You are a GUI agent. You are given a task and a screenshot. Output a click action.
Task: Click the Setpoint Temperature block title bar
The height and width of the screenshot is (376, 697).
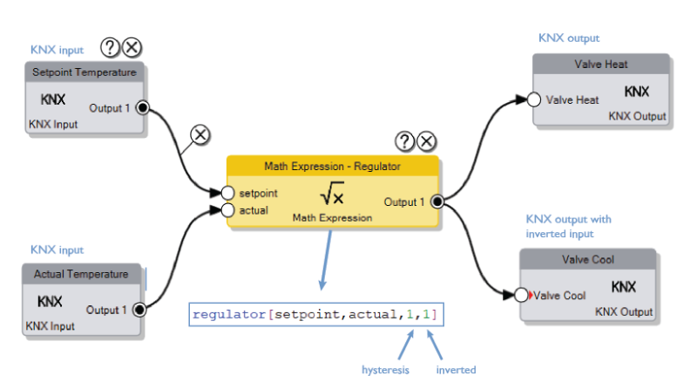click(x=84, y=72)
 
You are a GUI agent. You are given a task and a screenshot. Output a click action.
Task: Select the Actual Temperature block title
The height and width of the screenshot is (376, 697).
click(x=81, y=274)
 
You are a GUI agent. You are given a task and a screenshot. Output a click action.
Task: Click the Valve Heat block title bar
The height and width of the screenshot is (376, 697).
click(x=600, y=65)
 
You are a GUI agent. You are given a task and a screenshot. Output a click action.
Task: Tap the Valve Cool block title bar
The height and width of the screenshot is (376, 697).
click(x=587, y=260)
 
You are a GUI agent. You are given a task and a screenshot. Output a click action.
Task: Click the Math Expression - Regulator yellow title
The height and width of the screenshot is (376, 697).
click(x=332, y=166)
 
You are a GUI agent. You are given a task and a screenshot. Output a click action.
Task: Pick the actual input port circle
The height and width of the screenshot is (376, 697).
click(x=227, y=210)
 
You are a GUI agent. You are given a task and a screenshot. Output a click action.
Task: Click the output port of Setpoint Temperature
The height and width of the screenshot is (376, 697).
click(x=141, y=107)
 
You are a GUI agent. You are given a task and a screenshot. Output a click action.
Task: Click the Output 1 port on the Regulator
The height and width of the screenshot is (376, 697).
click(x=436, y=202)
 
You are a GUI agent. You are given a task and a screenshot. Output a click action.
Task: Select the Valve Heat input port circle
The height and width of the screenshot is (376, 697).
click(x=533, y=99)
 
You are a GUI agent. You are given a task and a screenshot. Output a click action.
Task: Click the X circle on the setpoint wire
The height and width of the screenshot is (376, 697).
click(x=200, y=134)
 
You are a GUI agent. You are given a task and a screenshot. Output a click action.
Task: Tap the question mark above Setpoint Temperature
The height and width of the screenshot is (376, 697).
click(x=110, y=47)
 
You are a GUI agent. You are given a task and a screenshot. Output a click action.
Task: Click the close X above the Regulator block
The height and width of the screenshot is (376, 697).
click(x=426, y=141)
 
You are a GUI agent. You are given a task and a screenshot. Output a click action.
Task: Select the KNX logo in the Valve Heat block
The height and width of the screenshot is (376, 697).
click(x=637, y=92)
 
